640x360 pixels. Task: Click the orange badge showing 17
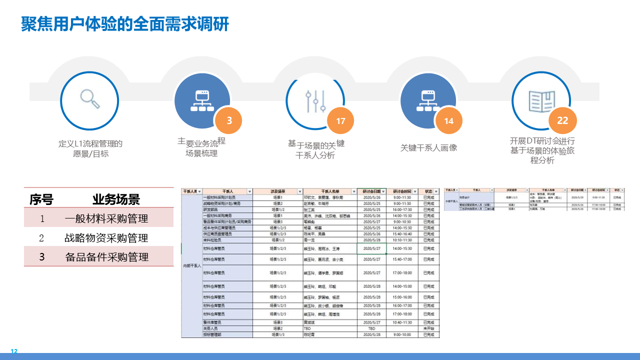(340, 121)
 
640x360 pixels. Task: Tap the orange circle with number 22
(562, 120)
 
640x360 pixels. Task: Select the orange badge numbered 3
(229, 120)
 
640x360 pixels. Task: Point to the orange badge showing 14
(448, 121)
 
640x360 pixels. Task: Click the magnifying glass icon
(90, 98)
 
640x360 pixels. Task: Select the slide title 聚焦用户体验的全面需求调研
(125, 24)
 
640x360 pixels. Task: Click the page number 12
(14, 351)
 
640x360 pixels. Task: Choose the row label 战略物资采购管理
(106, 238)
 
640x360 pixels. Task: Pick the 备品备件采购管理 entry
(106, 257)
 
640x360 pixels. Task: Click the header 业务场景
(116, 200)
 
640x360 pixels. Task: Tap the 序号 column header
(41, 200)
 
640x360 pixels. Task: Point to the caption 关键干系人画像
(428, 148)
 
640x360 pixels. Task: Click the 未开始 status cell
(428, 328)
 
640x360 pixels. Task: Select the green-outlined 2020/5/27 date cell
(371, 248)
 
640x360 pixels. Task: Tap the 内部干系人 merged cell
(191, 265)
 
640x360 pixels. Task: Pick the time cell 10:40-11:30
(402, 322)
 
